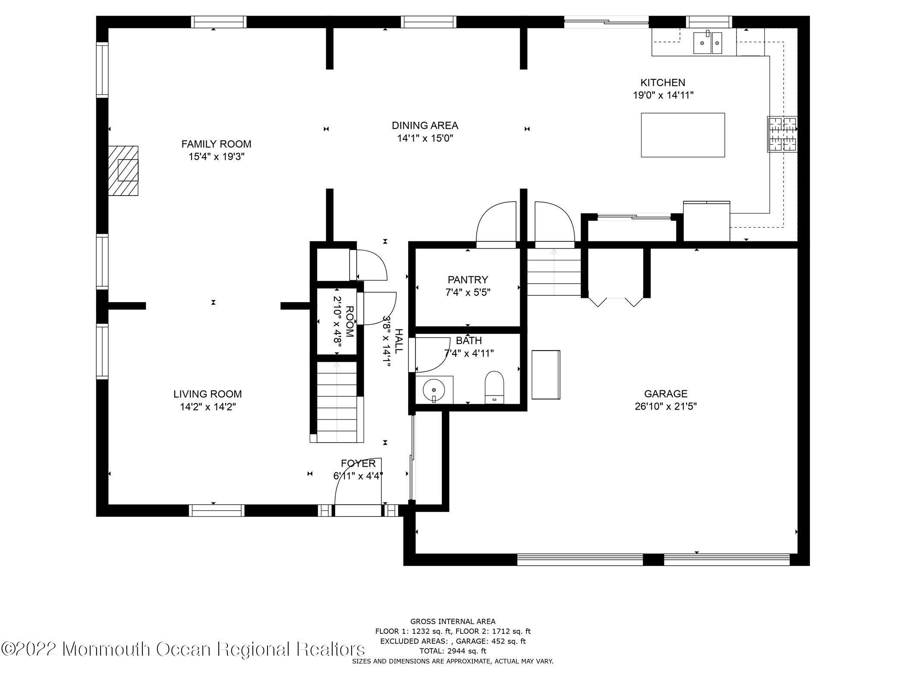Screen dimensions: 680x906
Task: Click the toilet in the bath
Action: click(x=494, y=386)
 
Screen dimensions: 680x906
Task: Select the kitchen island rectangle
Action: click(x=683, y=135)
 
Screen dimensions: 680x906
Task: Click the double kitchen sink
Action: click(x=708, y=43)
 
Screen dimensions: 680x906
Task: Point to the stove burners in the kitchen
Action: click(x=782, y=134)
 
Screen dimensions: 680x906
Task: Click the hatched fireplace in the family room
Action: click(x=124, y=171)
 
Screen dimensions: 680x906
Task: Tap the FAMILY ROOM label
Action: click(x=216, y=144)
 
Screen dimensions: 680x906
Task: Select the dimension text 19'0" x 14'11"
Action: click(x=663, y=95)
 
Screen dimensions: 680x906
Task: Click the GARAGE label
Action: click(x=665, y=394)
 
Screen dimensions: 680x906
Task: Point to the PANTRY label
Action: click(x=468, y=279)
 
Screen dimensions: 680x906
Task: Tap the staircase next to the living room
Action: click(x=337, y=402)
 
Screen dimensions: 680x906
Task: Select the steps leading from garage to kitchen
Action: click(x=554, y=272)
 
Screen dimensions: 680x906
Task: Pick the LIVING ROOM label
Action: click(x=208, y=394)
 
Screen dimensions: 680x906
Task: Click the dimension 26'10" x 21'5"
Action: click(x=665, y=406)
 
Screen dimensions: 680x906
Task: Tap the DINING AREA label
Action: click(x=425, y=126)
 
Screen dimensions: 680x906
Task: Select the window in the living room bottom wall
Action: click(x=217, y=510)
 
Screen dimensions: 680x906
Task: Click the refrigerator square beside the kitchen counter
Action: click(x=706, y=221)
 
